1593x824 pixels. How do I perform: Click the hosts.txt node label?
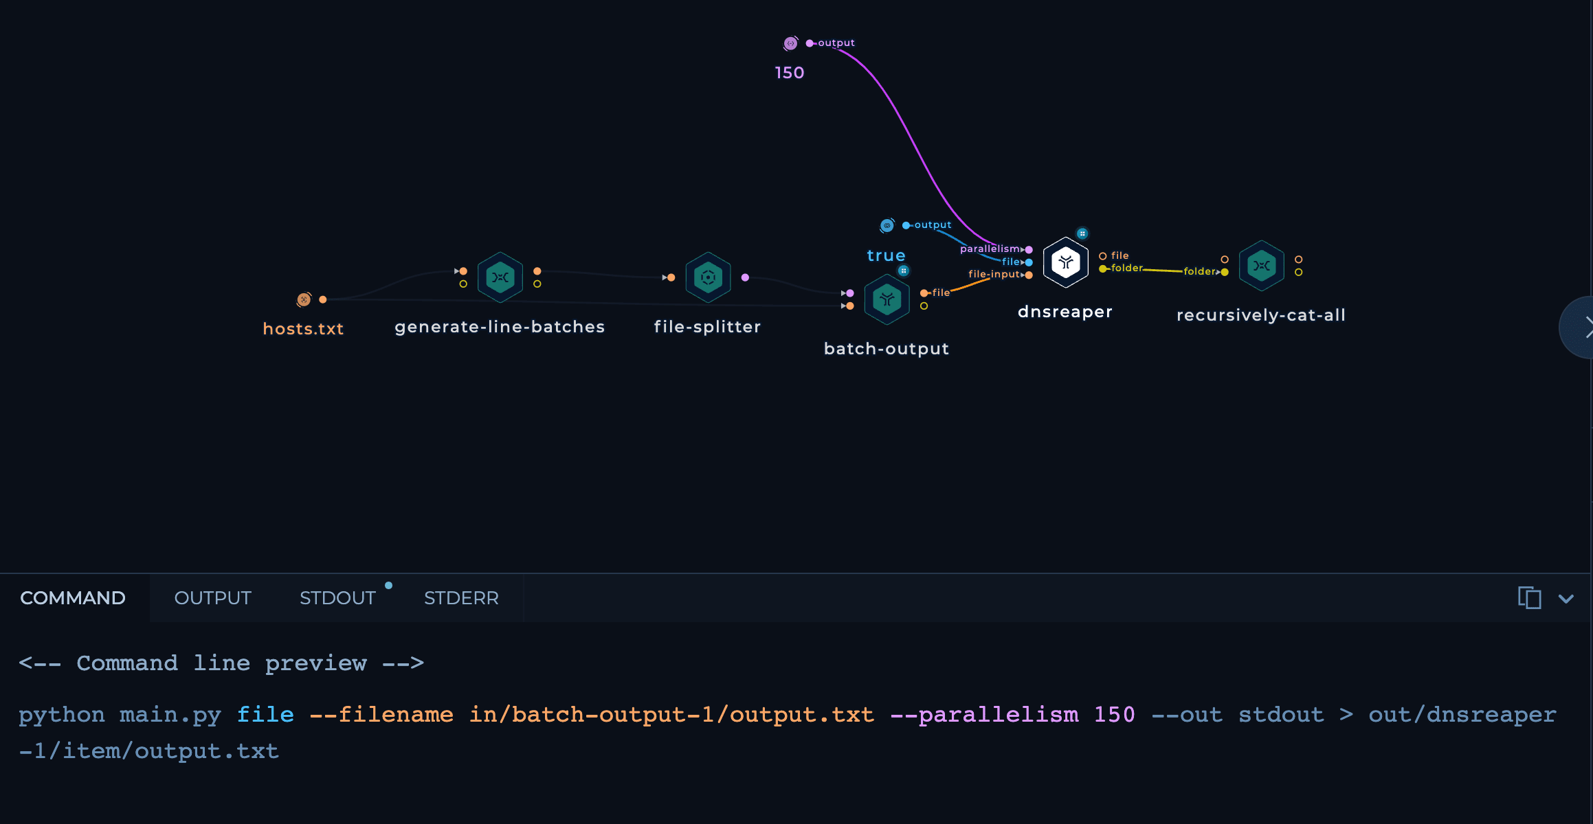[x=303, y=329]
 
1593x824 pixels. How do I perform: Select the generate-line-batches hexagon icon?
[x=500, y=277]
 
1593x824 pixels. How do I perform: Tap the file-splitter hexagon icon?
[x=708, y=277]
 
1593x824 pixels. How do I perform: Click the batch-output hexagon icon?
[x=887, y=299]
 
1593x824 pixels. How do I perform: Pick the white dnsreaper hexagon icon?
[x=1065, y=262]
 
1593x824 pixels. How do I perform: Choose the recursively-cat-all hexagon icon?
[x=1261, y=266]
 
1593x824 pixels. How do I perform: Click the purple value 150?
[x=789, y=73]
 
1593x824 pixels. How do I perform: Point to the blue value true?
[x=886, y=255]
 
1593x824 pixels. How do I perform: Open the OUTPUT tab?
[x=212, y=598]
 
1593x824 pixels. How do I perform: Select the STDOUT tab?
[x=337, y=598]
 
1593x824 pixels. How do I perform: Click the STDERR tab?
[x=461, y=598]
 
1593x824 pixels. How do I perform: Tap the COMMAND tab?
[x=73, y=598]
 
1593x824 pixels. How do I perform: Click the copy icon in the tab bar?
[x=1529, y=597]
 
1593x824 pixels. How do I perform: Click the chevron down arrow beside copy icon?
[x=1566, y=599]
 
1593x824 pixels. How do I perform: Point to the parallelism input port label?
[x=990, y=249]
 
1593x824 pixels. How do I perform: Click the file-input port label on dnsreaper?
[x=994, y=274]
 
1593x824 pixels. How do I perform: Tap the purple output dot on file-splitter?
[x=745, y=277]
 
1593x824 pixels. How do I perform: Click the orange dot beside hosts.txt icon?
[x=323, y=299]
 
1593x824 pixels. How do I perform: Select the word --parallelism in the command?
[x=984, y=715]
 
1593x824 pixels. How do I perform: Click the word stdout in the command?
[x=1281, y=715]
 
